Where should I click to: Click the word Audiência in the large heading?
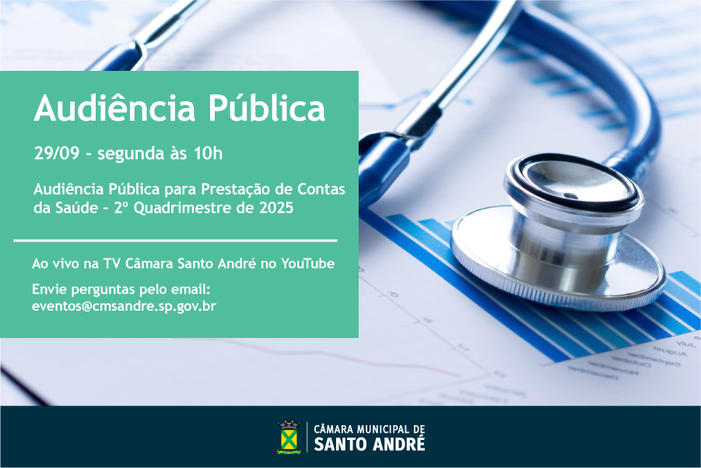114,107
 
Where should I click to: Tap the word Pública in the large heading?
267,107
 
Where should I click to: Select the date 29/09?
57,153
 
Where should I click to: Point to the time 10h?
208,153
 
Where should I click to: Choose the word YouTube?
308,263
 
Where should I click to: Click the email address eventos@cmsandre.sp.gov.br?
124,306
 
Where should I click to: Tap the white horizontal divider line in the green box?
175,241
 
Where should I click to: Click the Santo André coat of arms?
289,437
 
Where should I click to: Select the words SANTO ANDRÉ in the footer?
370,445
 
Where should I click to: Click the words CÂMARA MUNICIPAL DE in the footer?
370,429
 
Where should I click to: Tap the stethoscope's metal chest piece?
558,233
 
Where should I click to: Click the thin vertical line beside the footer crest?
307,437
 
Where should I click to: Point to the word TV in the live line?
111,263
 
